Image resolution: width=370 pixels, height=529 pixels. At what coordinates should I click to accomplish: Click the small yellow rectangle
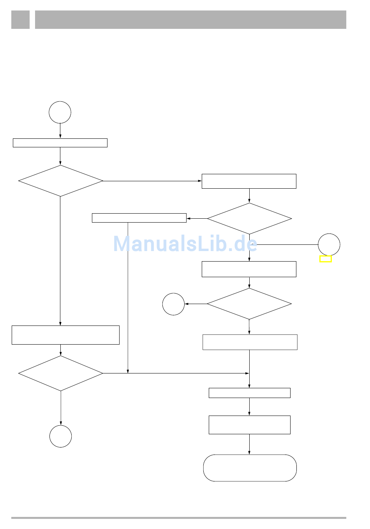325,259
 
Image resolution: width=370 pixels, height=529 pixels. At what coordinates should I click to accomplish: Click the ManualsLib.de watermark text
185,244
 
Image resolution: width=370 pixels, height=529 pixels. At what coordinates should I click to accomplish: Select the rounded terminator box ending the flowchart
250,468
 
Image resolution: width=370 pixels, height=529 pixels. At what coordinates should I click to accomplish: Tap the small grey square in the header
20,19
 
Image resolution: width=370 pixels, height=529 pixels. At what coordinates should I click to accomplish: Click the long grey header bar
190,19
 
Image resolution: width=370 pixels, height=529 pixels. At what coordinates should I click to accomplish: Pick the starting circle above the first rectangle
60,112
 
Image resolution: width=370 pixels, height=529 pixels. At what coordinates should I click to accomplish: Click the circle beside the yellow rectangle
329,244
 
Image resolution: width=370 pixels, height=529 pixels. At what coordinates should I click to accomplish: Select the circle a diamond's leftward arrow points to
173,304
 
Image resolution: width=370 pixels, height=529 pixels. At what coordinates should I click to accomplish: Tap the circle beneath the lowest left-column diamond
61,436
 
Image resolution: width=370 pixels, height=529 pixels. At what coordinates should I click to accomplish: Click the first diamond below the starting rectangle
60,181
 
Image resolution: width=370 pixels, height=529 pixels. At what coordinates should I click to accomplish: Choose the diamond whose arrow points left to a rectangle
249,218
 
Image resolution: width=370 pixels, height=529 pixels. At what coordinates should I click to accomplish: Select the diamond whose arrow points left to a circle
249,304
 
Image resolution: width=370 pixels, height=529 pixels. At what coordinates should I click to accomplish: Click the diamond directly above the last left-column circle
61,373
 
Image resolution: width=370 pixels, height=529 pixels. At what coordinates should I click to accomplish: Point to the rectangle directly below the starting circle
60,143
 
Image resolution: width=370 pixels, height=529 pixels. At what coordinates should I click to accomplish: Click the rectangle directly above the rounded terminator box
249,425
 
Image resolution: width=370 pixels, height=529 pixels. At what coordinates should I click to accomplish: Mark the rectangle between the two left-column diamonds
65,335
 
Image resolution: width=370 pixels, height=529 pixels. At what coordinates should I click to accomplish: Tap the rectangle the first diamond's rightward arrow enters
249,181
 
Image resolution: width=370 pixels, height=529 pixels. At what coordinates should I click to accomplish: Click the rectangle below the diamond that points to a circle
250,342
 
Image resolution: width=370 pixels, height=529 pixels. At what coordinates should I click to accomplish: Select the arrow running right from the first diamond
152,181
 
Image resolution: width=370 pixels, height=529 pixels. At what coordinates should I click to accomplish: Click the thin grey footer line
178,518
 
